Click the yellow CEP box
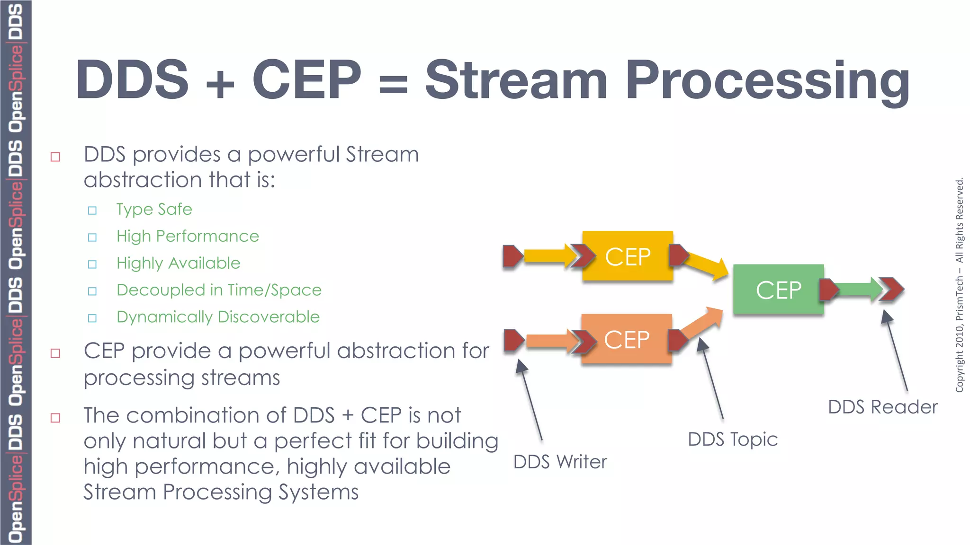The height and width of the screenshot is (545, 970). pyautogui.click(x=627, y=256)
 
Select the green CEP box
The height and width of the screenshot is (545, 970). pyautogui.click(x=778, y=290)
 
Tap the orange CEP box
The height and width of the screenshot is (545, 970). pyautogui.click(x=626, y=339)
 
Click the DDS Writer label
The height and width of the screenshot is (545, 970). pyautogui.click(x=560, y=462)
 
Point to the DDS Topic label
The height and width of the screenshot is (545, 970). pyautogui.click(x=732, y=440)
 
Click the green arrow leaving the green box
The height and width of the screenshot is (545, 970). pyautogui.click(x=855, y=289)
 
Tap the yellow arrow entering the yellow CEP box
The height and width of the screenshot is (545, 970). pyautogui.click(x=545, y=256)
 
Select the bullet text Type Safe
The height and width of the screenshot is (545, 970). pyautogui.click(x=154, y=209)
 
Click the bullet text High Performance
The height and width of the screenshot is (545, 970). pyautogui.click(x=188, y=236)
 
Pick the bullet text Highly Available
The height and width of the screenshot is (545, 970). pyautogui.click(x=178, y=263)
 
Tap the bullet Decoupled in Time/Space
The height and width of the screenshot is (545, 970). pyautogui.click(x=219, y=290)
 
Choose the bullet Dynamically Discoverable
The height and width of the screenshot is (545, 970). pyautogui.click(x=218, y=317)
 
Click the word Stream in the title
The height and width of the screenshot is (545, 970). pyautogui.click(x=515, y=80)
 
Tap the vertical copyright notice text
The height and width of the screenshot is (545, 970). pyautogui.click(x=960, y=284)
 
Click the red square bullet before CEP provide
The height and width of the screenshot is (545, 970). pyautogui.click(x=55, y=353)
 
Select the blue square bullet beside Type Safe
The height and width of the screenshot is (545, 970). pyautogui.click(x=92, y=210)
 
